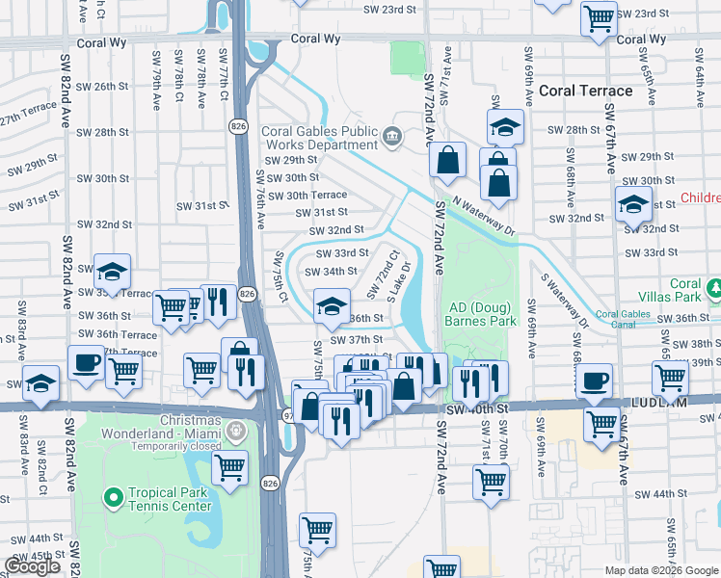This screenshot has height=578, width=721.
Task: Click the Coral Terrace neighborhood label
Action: [586, 91]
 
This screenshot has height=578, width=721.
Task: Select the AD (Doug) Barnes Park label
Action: [478, 314]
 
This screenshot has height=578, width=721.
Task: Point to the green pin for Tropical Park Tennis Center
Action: [114, 498]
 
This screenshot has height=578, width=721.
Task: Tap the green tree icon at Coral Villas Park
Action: [714, 287]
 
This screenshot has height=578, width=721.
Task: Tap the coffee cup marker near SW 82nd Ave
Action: [86, 363]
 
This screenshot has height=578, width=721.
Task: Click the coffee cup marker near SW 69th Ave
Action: [594, 380]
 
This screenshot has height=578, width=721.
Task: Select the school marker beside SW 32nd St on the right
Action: [632, 204]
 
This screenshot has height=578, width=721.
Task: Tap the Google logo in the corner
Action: [32, 566]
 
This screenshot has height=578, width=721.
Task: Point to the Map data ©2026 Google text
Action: [660, 570]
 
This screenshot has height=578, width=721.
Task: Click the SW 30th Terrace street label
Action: [307, 195]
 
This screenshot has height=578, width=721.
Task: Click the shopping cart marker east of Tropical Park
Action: [229, 467]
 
